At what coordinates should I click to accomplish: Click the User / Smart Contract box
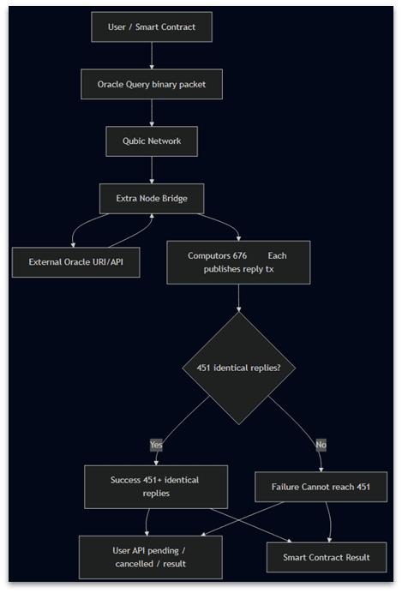point(152,27)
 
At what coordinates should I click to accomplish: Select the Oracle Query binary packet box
point(152,84)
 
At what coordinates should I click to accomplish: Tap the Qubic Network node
point(152,141)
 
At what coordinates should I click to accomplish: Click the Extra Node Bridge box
point(152,198)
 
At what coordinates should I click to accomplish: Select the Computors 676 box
point(237,261)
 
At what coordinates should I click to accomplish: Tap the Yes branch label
point(155,444)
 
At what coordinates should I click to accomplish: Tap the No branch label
point(320,444)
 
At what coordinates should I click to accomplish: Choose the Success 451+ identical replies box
point(155,487)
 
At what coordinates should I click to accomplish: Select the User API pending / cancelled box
point(150,556)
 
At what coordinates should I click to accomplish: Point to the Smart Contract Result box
point(327,557)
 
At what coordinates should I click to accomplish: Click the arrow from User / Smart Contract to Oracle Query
point(152,56)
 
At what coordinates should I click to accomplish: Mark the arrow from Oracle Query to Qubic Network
point(152,113)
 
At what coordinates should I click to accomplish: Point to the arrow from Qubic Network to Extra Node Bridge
point(152,170)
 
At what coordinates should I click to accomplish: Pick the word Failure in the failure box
point(286,487)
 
